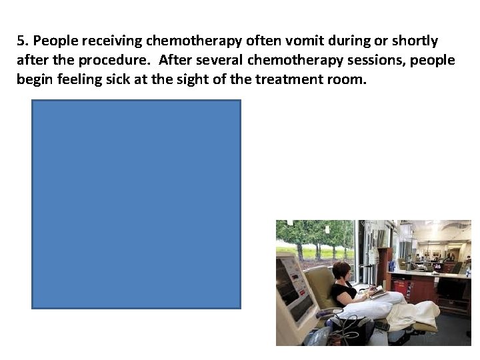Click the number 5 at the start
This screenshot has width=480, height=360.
[21, 41]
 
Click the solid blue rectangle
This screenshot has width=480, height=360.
[136, 204]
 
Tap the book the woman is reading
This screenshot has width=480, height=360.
[377, 291]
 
